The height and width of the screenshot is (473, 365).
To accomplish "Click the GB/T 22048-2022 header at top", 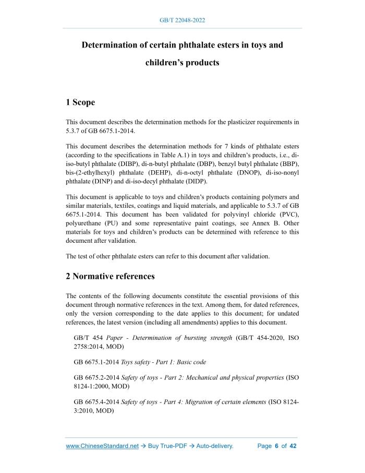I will click(x=182, y=20).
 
